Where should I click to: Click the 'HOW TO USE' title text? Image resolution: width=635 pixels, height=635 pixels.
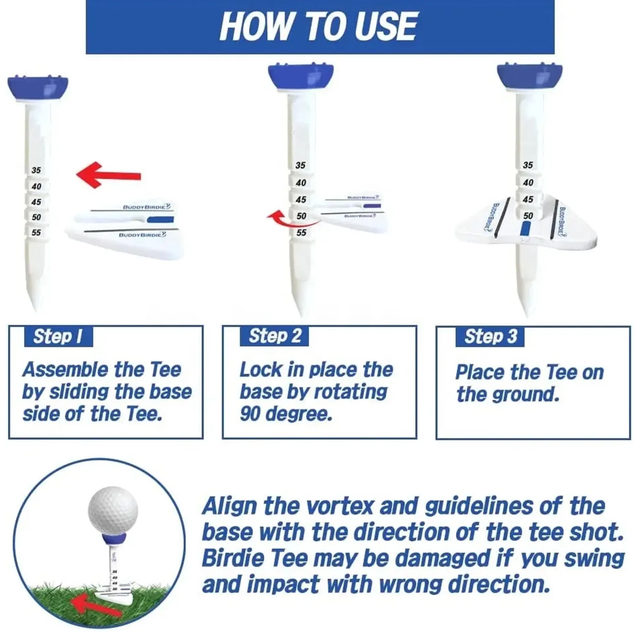[319, 26]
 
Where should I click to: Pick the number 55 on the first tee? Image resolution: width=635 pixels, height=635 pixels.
[36, 232]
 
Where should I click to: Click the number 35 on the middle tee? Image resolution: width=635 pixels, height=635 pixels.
[301, 165]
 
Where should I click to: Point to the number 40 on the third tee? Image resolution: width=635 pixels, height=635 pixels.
[528, 182]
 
